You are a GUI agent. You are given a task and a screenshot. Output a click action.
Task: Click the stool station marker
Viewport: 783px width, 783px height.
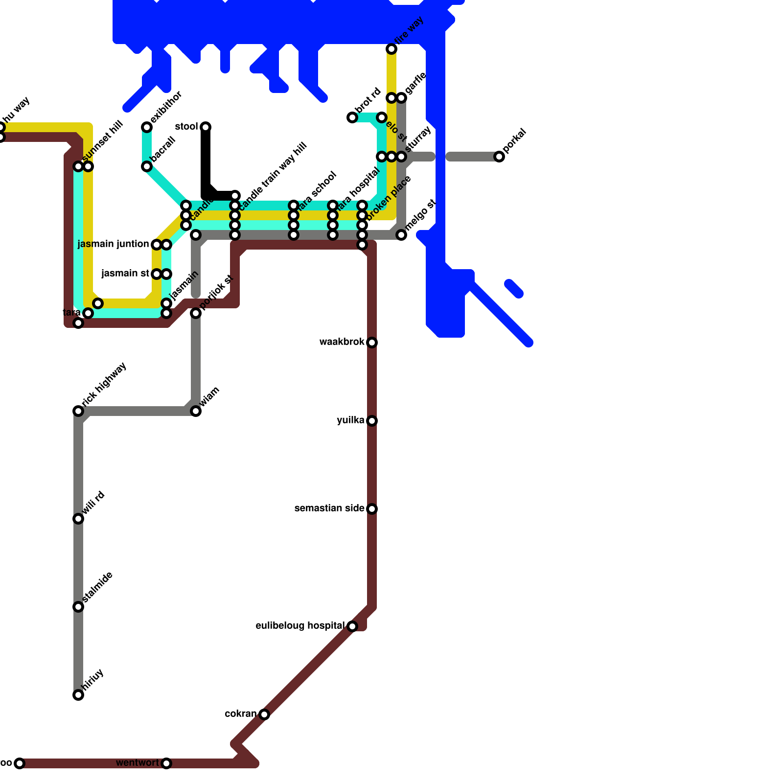(x=206, y=127)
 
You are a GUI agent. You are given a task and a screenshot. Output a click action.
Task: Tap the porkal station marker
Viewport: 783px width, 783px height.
(x=499, y=157)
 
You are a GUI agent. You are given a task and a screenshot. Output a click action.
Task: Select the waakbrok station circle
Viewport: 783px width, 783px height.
(x=372, y=343)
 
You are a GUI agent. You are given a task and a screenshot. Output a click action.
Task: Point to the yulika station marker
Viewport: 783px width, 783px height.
(x=372, y=421)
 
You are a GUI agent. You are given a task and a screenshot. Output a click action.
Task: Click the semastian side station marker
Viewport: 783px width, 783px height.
(x=372, y=509)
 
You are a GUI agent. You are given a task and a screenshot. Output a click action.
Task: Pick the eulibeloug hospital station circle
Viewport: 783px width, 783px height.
(x=352, y=626)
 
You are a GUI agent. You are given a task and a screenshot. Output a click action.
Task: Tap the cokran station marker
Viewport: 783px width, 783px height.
(x=264, y=714)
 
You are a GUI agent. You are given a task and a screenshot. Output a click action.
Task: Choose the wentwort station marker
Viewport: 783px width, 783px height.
(x=166, y=763)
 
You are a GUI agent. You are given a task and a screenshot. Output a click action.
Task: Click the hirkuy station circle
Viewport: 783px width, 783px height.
(x=78, y=695)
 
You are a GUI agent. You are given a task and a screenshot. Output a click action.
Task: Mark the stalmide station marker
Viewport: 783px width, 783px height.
(x=78, y=607)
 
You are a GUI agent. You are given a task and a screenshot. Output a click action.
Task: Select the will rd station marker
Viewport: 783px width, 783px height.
(x=78, y=519)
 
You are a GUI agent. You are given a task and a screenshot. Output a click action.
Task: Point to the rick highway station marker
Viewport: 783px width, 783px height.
(x=78, y=411)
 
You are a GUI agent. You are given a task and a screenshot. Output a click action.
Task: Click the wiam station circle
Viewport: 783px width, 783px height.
(x=196, y=411)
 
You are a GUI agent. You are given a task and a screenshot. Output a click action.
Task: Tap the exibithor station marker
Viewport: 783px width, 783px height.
(x=147, y=127)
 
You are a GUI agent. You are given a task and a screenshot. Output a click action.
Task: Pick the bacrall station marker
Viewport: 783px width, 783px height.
(x=147, y=167)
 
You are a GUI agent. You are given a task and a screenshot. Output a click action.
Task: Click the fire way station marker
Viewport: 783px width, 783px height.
(x=391, y=49)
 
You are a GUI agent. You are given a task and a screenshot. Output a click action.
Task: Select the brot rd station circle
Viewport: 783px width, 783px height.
(x=352, y=117)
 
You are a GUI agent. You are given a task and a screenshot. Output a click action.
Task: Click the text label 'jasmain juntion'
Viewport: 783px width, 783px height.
(x=113, y=244)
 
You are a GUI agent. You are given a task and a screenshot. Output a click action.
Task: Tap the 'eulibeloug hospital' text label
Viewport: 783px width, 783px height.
(x=300, y=626)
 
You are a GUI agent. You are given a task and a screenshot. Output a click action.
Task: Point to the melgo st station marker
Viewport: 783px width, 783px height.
(x=401, y=235)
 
